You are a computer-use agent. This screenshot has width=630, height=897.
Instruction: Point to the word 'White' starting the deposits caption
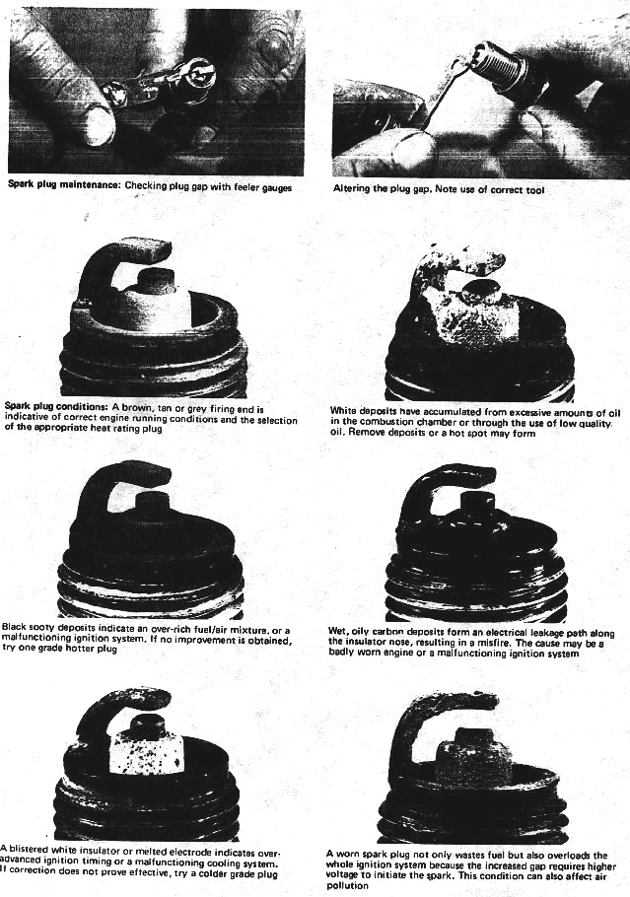pos(342,411)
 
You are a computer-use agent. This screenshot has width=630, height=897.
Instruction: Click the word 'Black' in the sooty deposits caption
pos(14,627)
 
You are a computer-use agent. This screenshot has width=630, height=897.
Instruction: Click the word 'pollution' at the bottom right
pos(347,886)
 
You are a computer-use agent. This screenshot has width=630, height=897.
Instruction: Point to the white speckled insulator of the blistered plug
pos(150,753)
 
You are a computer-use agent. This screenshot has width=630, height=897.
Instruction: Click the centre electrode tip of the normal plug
pos(158,276)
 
